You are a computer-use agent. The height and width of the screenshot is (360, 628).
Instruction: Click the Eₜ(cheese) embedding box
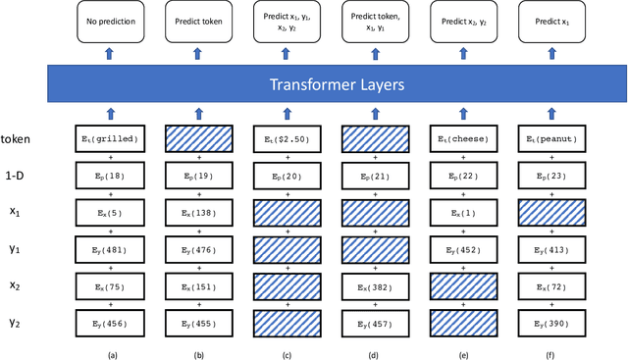pyautogui.click(x=465, y=140)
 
